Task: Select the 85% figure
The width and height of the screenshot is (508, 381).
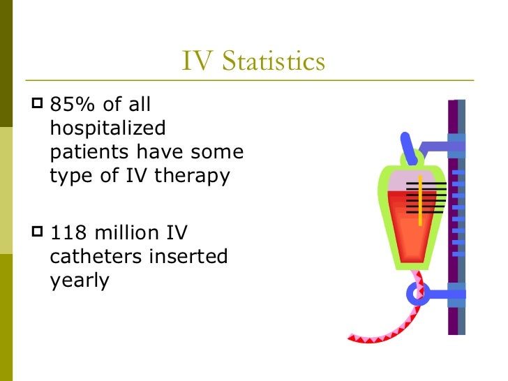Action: (x=74, y=105)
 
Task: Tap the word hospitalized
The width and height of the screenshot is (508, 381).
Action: (x=108, y=129)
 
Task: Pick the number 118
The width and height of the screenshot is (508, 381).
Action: (x=70, y=232)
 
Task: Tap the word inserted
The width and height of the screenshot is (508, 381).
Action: (x=188, y=257)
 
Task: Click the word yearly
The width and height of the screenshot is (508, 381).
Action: (x=80, y=281)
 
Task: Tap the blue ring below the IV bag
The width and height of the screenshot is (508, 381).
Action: (x=417, y=293)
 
